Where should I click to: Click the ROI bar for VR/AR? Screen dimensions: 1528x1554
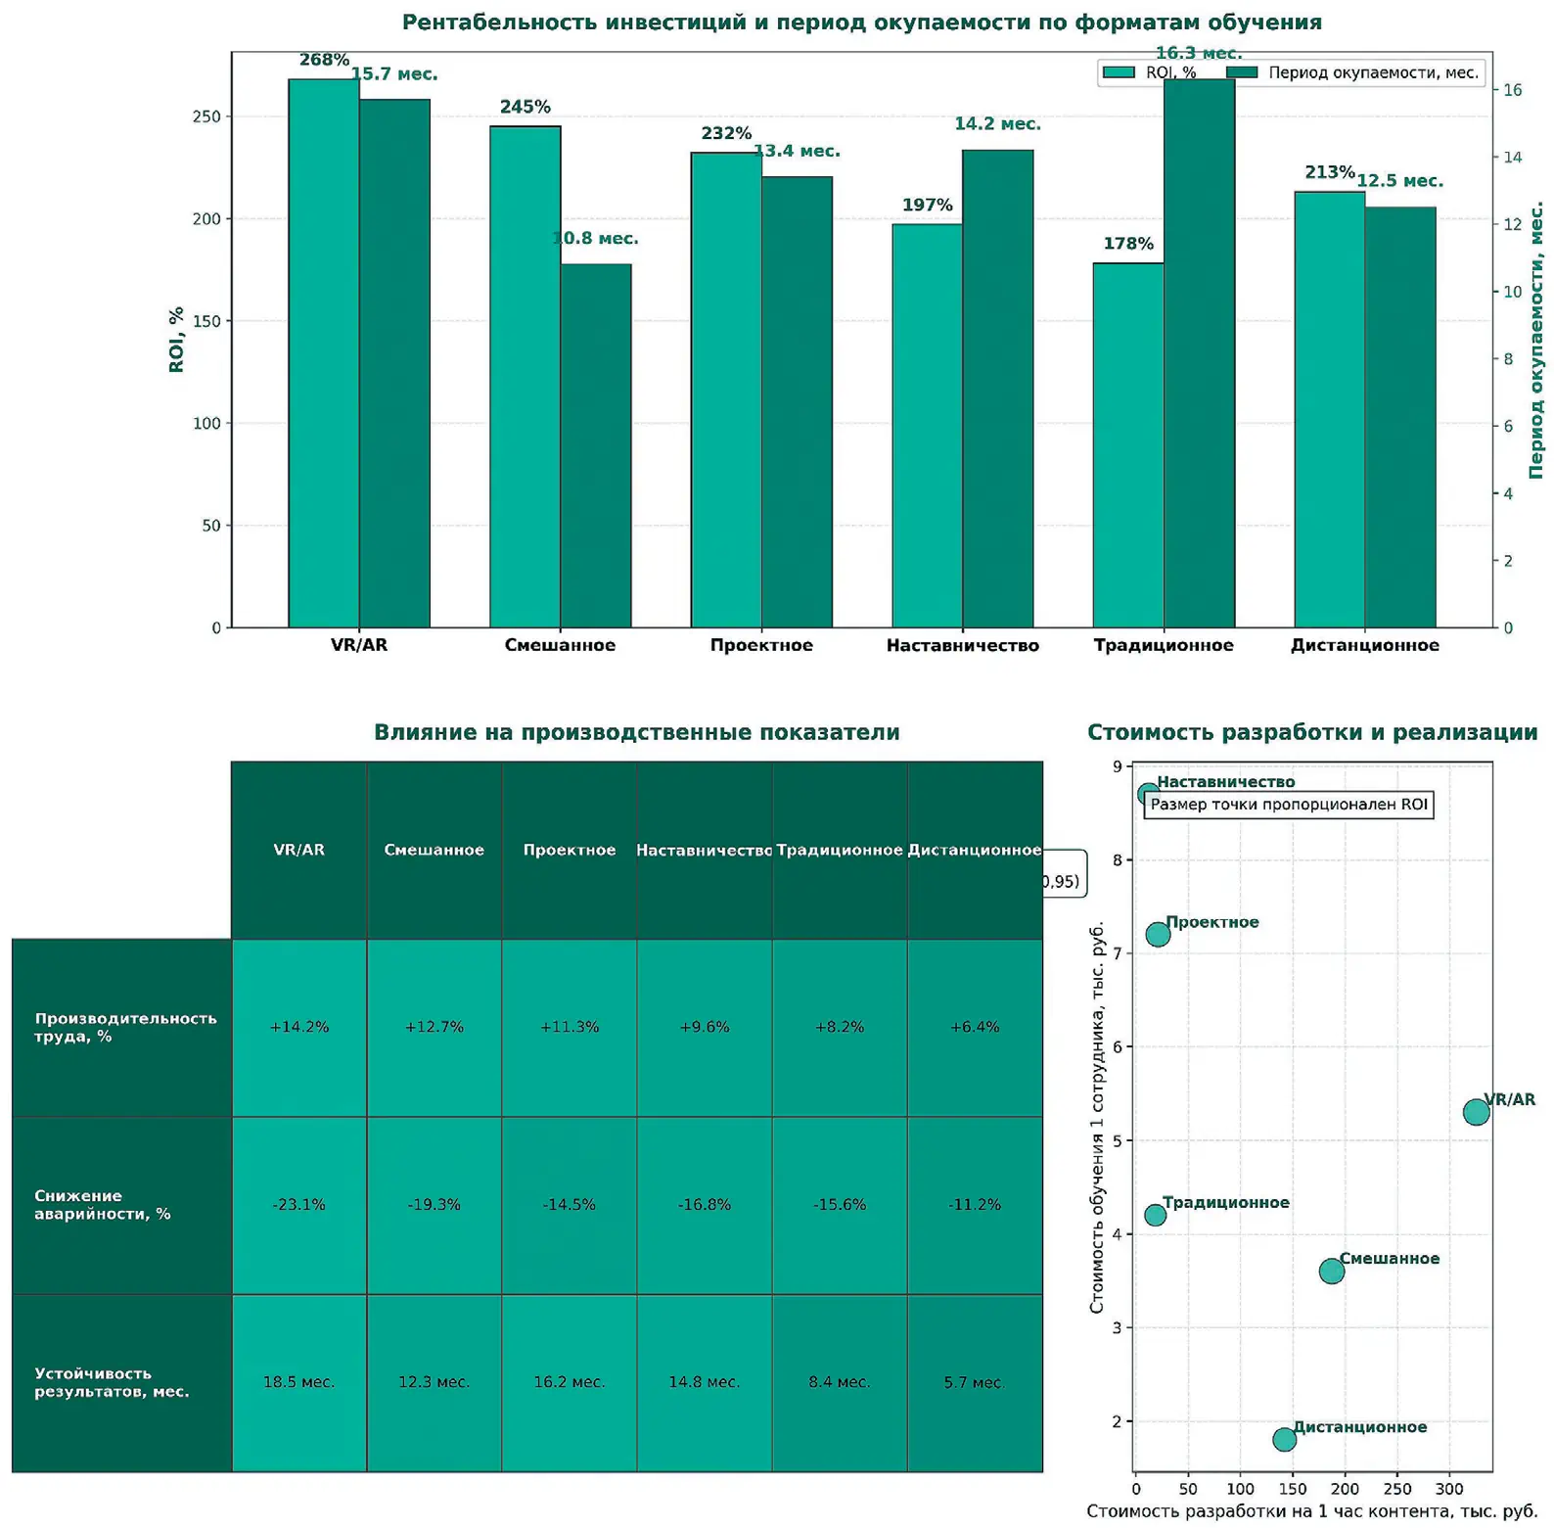[x=323, y=352]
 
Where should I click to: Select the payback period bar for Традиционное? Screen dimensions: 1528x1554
[x=1199, y=352]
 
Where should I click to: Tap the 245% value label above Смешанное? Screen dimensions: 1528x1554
[x=526, y=107]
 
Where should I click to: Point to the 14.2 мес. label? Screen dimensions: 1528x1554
[x=997, y=124]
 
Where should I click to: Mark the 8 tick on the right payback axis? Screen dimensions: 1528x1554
[x=1508, y=359]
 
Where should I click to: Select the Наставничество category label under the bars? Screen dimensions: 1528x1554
[x=962, y=645]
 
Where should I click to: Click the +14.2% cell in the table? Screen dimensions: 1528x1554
[x=299, y=1027]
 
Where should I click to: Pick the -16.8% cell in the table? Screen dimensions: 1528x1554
[x=705, y=1205]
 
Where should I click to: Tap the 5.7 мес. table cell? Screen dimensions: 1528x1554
[x=974, y=1382]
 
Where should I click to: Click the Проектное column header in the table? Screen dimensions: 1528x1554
[x=570, y=850]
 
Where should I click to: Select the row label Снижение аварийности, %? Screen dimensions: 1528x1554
[x=103, y=1205]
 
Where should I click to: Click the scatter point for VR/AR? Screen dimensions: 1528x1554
[x=1476, y=1112]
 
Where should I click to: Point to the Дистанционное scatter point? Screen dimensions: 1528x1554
[x=1284, y=1439]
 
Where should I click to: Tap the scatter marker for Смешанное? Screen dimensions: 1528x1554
[x=1331, y=1272]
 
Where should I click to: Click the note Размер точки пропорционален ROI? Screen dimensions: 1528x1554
[x=1288, y=805]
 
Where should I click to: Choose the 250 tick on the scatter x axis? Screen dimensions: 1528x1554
[x=1397, y=1490]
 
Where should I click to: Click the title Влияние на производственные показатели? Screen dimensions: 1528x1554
[x=636, y=732]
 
